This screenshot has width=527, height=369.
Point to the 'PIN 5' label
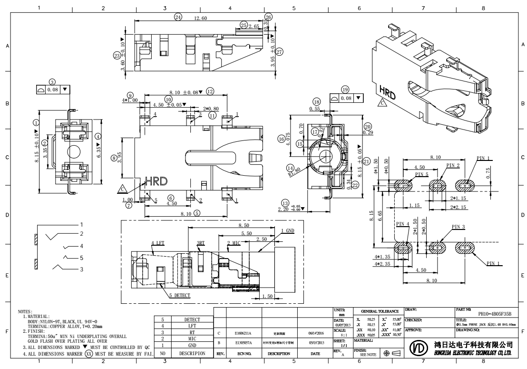pyautogui.click(x=422, y=174)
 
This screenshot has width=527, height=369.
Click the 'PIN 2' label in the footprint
pyautogui.click(x=453, y=165)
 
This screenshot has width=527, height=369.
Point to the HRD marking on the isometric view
pyautogui.click(x=388, y=92)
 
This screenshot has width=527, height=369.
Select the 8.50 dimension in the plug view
pyautogui.click(x=244, y=225)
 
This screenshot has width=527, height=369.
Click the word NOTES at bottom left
pyautogui.click(x=37, y=311)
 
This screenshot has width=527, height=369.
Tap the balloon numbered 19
pyautogui.click(x=345, y=89)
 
